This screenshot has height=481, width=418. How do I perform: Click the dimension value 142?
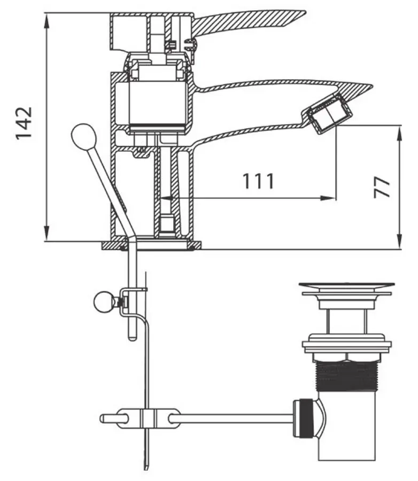(24, 123)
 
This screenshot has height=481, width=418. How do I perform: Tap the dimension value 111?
(259, 181)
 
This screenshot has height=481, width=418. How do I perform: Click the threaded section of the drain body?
(347, 375)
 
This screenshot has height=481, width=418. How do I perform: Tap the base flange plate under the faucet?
(152, 245)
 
